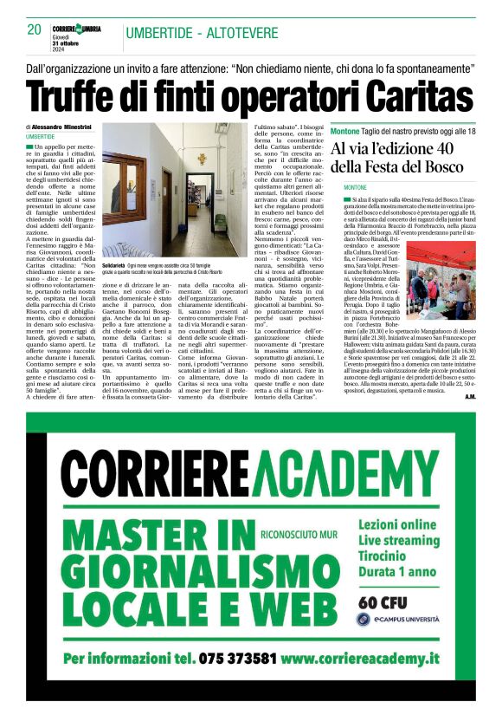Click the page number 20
tap(35, 29)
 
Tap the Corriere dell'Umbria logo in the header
tap(76, 29)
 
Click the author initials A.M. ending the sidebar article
tap(468, 396)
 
